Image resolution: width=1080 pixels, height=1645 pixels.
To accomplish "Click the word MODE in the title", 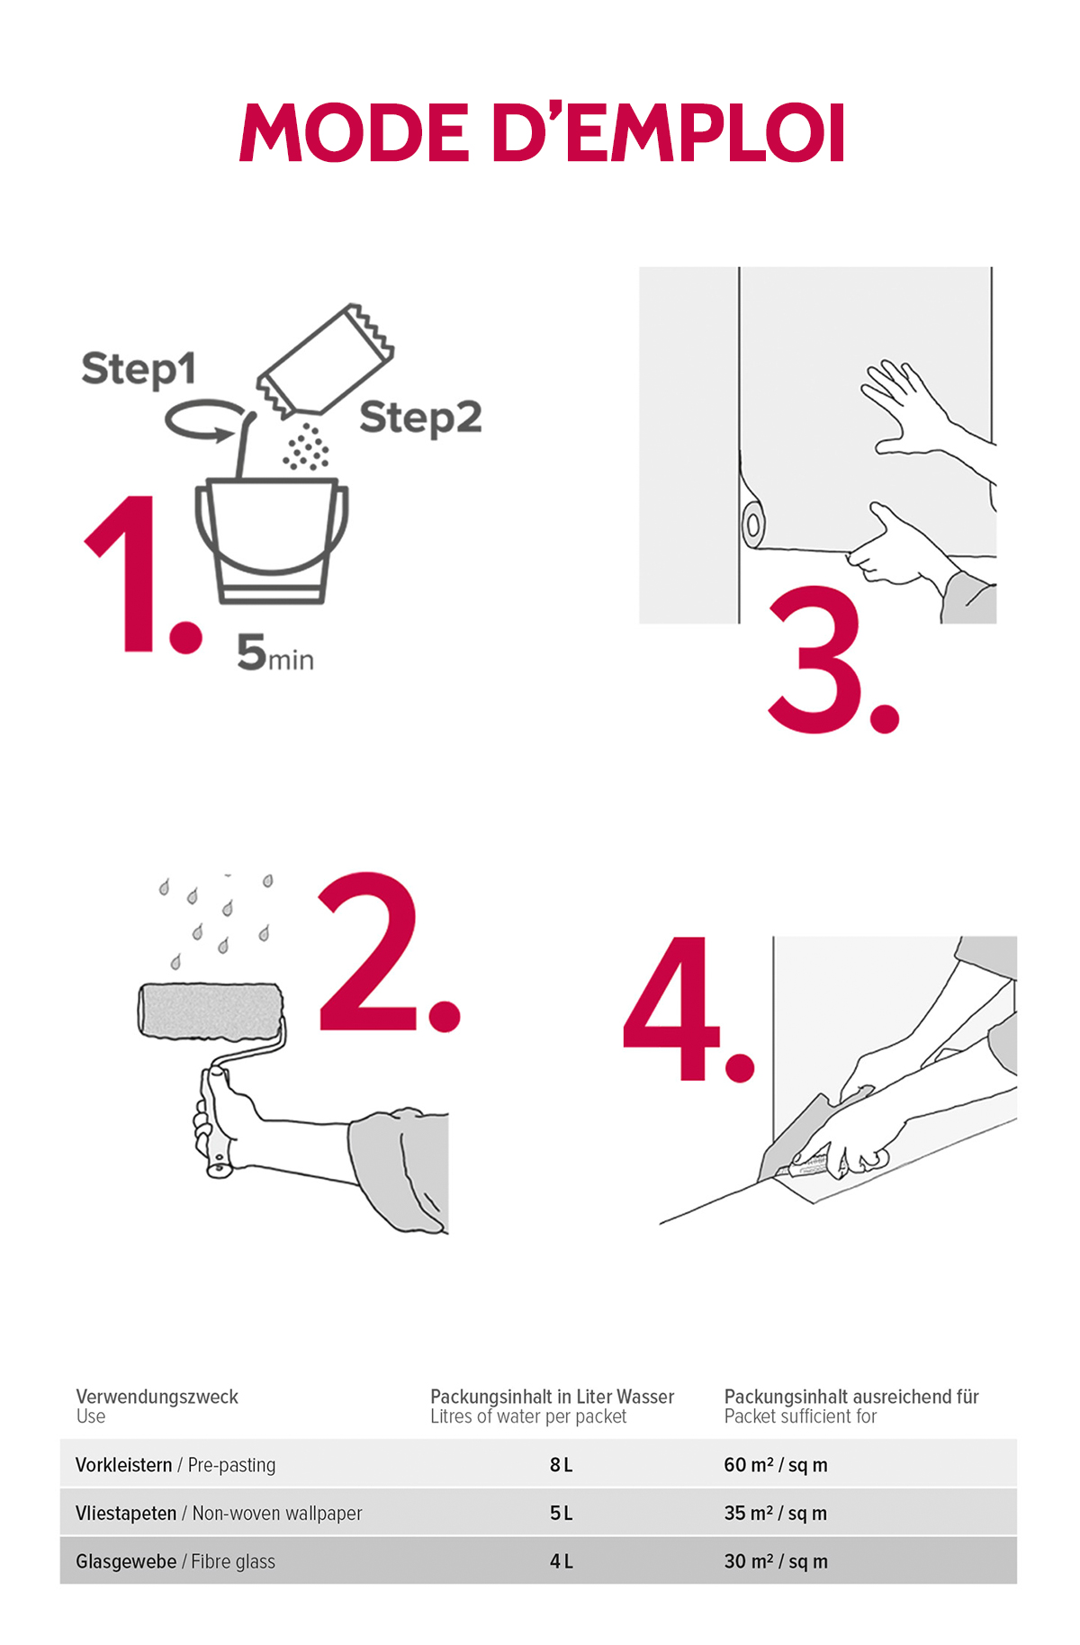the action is pyautogui.click(x=355, y=132).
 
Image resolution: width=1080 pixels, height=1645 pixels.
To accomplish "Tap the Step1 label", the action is pyautogui.click(x=139, y=369).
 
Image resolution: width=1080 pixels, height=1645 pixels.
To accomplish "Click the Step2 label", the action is pyautogui.click(x=420, y=418).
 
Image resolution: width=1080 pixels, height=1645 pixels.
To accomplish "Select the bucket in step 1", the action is pyautogui.click(x=271, y=540).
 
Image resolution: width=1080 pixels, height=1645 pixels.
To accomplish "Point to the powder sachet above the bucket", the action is pyautogui.click(x=325, y=360).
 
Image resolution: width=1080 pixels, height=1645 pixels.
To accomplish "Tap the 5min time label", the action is pyautogui.click(x=275, y=652).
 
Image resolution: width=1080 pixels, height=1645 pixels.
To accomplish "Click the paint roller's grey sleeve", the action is pyautogui.click(x=211, y=1011).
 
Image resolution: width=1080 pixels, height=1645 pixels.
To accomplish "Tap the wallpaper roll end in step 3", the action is pyautogui.click(x=752, y=524).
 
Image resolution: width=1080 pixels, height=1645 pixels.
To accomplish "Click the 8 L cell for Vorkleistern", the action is pyautogui.click(x=561, y=1465).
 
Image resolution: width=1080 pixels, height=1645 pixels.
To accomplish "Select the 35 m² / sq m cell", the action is pyautogui.click(x=775, y=1514).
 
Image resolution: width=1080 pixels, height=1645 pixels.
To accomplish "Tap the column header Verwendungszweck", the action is pyautogui.click(x=157, y=1397).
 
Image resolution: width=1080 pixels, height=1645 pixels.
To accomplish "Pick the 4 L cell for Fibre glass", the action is pyautogui.click(x=561, y=1562).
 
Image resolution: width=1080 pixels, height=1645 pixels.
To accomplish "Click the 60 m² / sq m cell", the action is pyautogui.click(x=776, y=1465).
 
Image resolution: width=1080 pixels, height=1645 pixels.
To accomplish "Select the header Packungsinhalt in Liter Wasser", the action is pyautogui.click(x=552, y=1397).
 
